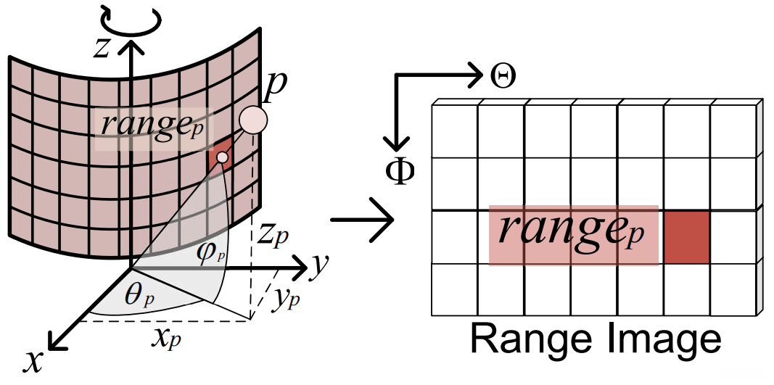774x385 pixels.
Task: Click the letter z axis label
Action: [102, 49]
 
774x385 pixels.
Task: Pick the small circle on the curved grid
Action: [223, 157]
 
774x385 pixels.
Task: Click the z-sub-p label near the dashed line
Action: [273, 239]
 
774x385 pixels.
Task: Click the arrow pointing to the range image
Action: [362, 220]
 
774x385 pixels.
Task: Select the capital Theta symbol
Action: [503, 77]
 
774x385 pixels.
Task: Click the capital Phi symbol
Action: [400, 173]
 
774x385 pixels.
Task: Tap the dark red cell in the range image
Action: [687, 237]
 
